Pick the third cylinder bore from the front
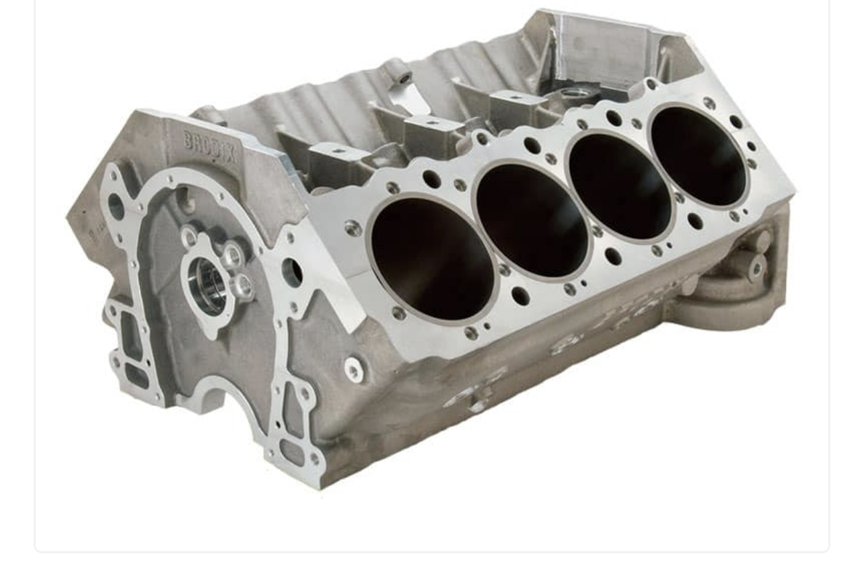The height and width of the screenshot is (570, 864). tap(620, 186)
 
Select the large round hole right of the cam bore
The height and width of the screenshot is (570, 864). tap(293, 272)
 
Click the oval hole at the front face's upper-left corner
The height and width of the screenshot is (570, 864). tap(115, 206)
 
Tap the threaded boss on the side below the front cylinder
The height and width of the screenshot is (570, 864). tap(354, 369)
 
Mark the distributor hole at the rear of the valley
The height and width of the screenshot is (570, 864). tap(574, 92)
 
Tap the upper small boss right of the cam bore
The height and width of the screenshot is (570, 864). tap(232, 255)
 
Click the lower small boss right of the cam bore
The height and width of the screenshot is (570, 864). tap(242, 287)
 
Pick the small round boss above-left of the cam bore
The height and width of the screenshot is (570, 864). tap(188, 236)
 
